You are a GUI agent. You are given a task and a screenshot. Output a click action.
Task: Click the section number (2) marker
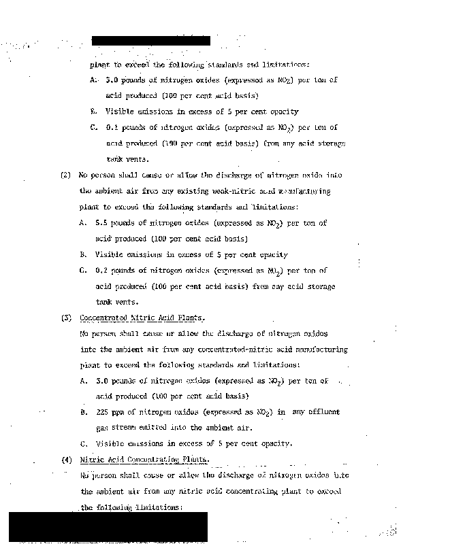pyautogui.click(x=65, y=175)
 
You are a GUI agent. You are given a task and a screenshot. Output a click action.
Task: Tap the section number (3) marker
pyautogui.click(x=66, y=318)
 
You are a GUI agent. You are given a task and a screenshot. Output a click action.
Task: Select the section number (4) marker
pyautogui.click(x=66, y=460)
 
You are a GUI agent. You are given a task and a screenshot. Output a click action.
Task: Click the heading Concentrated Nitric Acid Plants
pyautogui.click(x=142, y=318)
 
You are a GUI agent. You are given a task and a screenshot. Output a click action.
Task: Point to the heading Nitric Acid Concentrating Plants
pyautogui.click(x=144, y=460)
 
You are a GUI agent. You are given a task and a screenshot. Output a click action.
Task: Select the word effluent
pyautogui.click(x=325, y=412)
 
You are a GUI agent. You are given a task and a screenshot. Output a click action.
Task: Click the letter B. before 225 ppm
pyautogui.click(x=83, y=412)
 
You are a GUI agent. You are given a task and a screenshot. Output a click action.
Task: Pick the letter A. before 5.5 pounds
pyautogui.click(x=83, y=223)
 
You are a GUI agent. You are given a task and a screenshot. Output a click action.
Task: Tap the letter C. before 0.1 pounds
pyautogui.click(x=94, y=127)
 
